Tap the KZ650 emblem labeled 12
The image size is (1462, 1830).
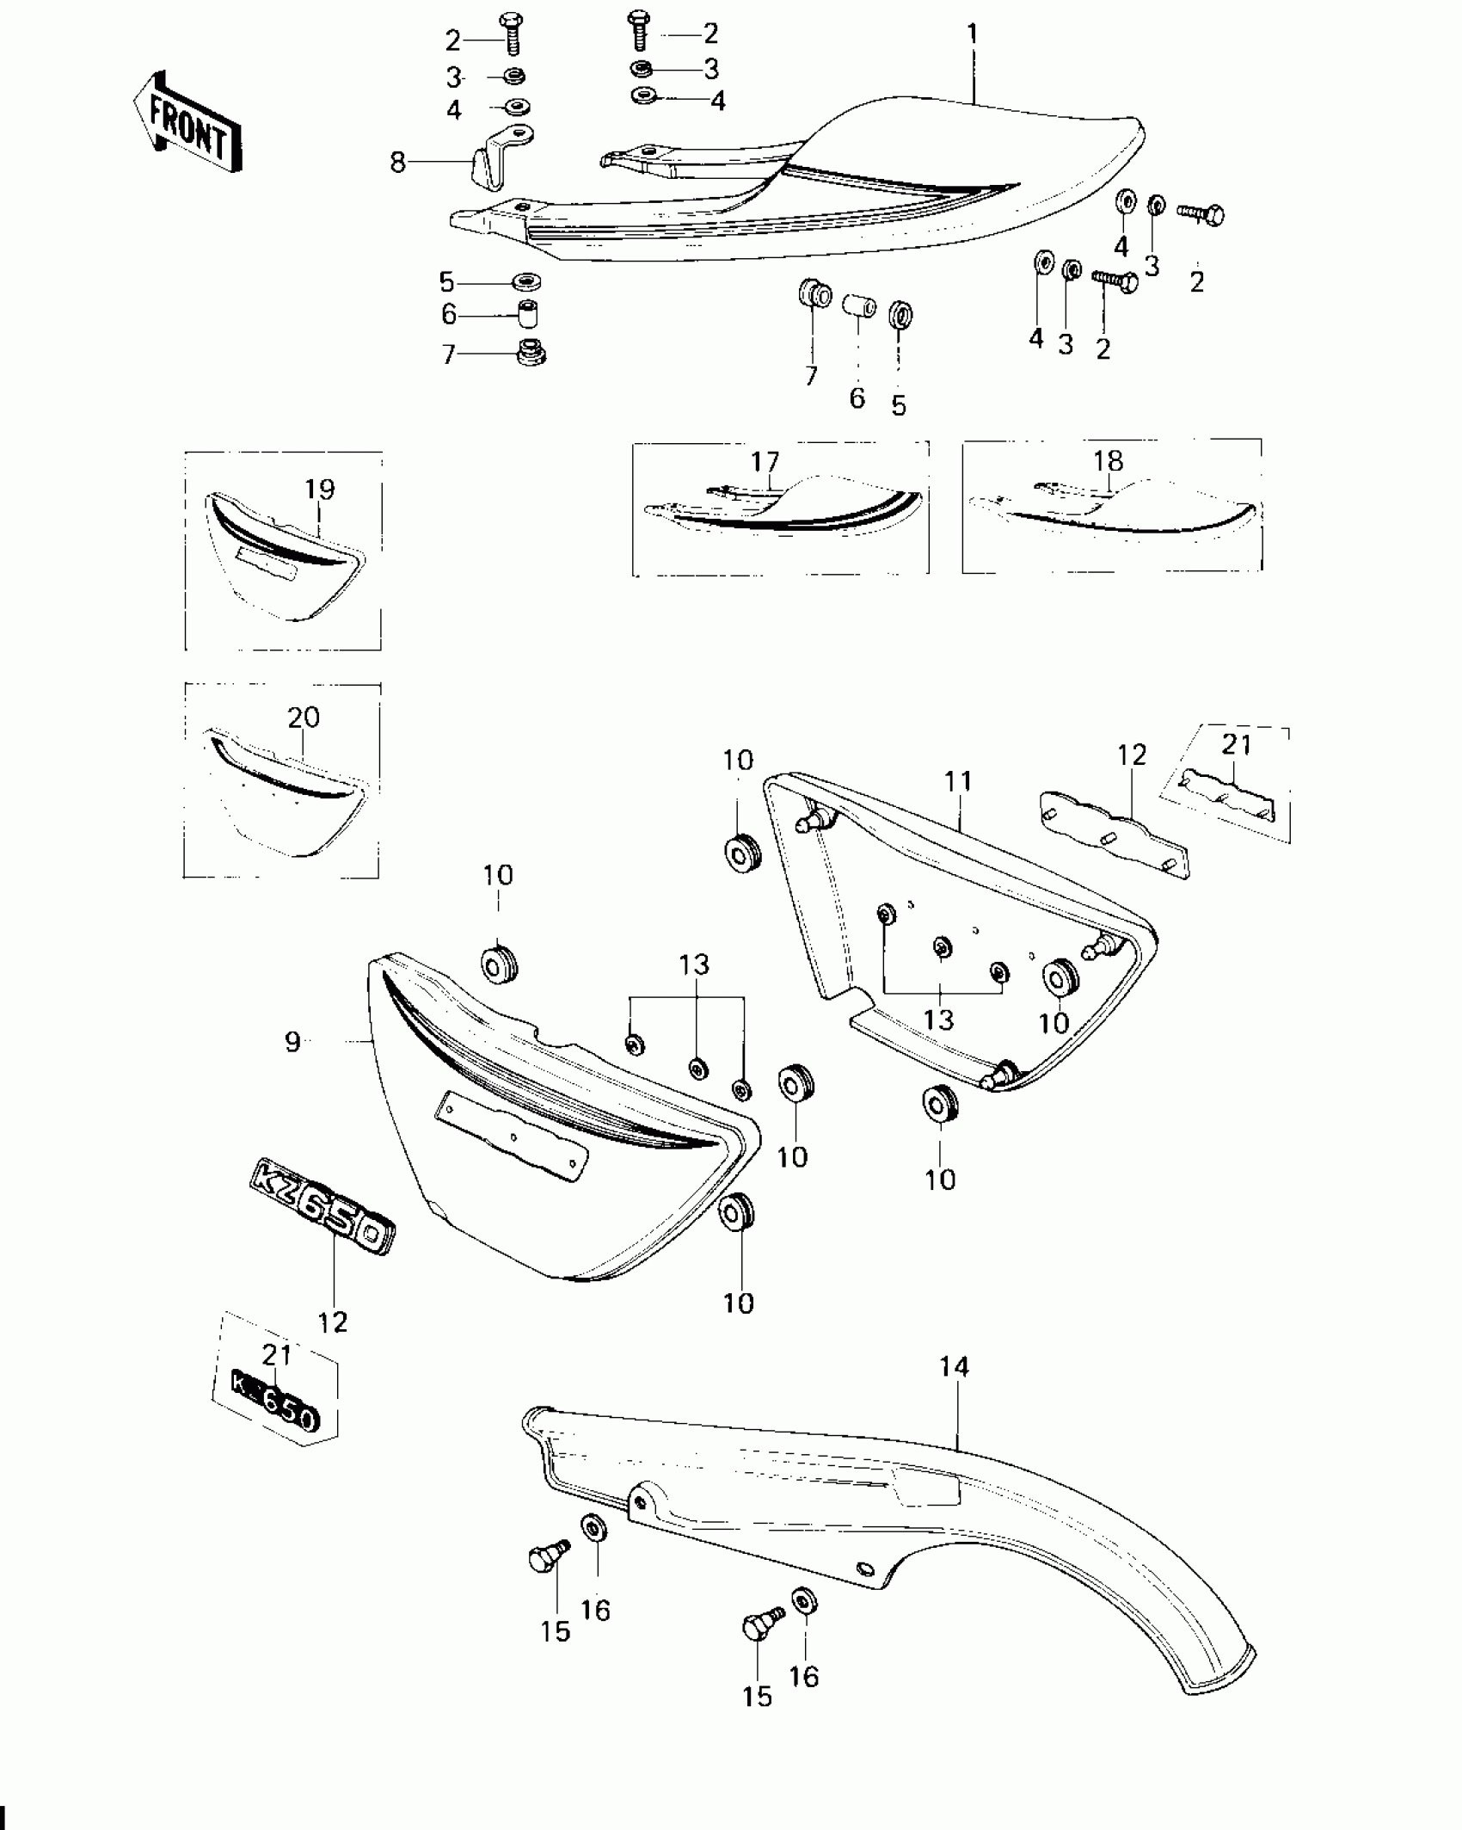pos(322,1217)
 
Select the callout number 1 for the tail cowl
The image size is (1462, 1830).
pos(972,34)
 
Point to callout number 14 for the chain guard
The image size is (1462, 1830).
pos(954,1366)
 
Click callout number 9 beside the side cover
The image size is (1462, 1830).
pos(293,1042)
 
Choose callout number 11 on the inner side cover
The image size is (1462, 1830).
pos(958,781)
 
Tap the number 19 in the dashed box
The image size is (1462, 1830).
pos(319,490)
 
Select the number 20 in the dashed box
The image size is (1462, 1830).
pos(303,717)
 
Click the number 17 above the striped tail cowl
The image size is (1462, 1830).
pos(765,462)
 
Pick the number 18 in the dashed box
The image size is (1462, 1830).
pos(1109,461)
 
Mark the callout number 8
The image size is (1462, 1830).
pos(397,161)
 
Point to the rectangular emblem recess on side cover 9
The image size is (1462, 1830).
pos(512,1136)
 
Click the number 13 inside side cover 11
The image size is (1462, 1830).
pos(938,1020)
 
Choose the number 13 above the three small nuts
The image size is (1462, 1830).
pos(694,965)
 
